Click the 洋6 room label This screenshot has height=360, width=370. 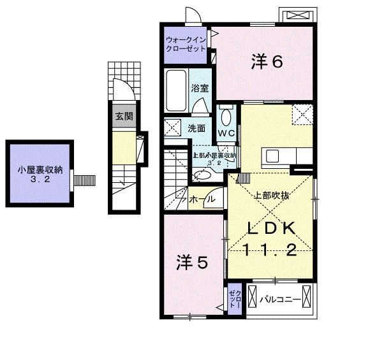coord(267,61)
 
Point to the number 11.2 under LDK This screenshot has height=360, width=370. coord(270,250)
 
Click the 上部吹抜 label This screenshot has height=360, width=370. coord(272,196)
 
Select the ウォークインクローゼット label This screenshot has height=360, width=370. coord(186,43)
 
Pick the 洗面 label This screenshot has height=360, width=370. coord(196,128)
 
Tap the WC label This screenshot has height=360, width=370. coord(226,133)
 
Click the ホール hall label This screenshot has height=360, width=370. coord(203,200)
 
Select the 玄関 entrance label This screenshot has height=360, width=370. coord(124,117)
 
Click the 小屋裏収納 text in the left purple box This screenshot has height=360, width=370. coord(40,169)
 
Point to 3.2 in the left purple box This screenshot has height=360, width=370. coord(40,180)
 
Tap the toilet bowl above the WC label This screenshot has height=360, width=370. coord(227,117)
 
